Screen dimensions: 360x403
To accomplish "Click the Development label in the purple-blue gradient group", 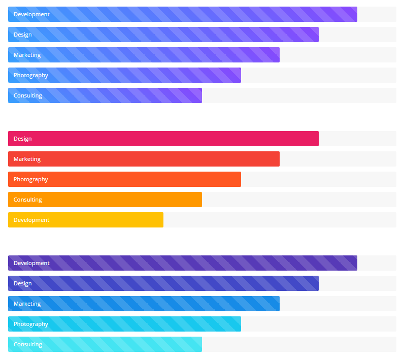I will pyautogui.click(x=31, y=14).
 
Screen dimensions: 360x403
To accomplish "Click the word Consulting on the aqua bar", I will pyautogui.click(x=28, y=344).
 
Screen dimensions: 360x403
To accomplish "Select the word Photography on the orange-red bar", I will pyautogui.click(x=31, y=179).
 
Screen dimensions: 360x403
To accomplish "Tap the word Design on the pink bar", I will pyautogui.click(x=23, y=139).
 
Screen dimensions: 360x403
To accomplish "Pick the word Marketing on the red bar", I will pyautogui.click(x=27, y=159).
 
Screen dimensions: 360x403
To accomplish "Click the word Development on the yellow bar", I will pyautogui.click(x=31, y=220).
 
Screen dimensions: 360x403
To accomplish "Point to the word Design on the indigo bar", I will pyautogui.click(x=23, y=283).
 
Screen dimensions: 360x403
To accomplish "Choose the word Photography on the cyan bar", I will pyautogui.click(x=31, y=324).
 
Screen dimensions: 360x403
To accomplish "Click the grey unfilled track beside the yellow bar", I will pyautogui.click(x=279, y=220).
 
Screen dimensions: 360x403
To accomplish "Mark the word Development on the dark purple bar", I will pyautogui.click(x=31, y=263).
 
